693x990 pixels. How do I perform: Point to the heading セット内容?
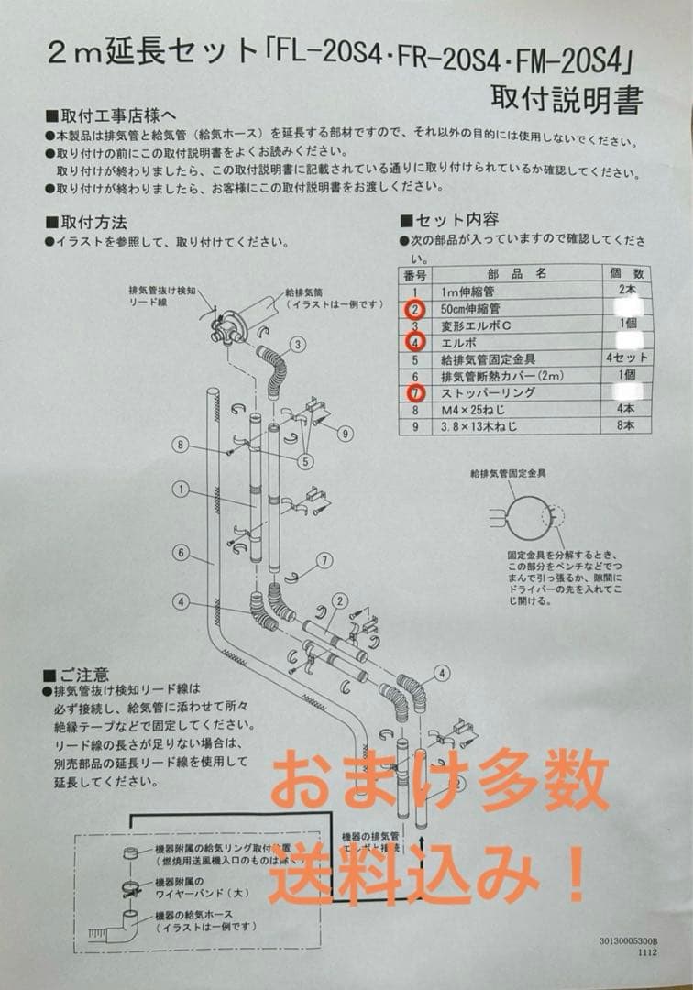click(x=456, y=220)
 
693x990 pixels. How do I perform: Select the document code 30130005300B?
click(x=629, y=940)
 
